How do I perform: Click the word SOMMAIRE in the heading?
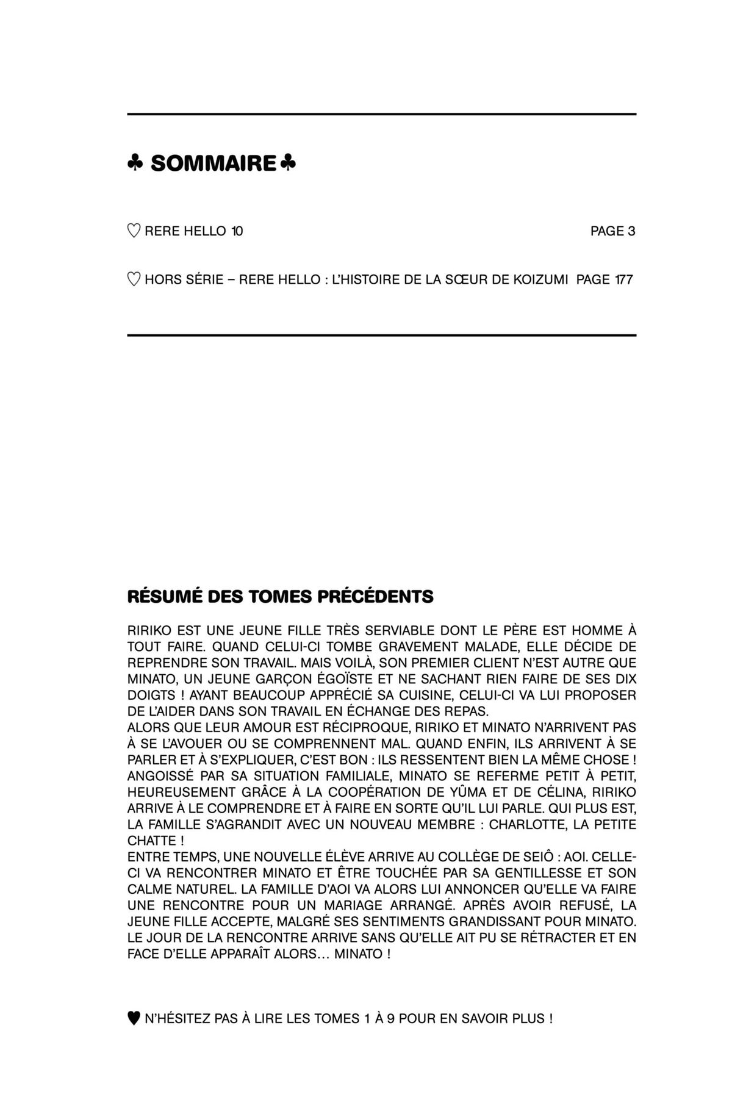[213, 164]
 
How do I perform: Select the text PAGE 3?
[612, 231]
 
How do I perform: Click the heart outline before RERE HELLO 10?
[134, 231]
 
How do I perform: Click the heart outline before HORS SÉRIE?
[134, 279]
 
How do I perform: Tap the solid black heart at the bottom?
[134, 1019]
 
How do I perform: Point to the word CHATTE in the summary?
[151, 841]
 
